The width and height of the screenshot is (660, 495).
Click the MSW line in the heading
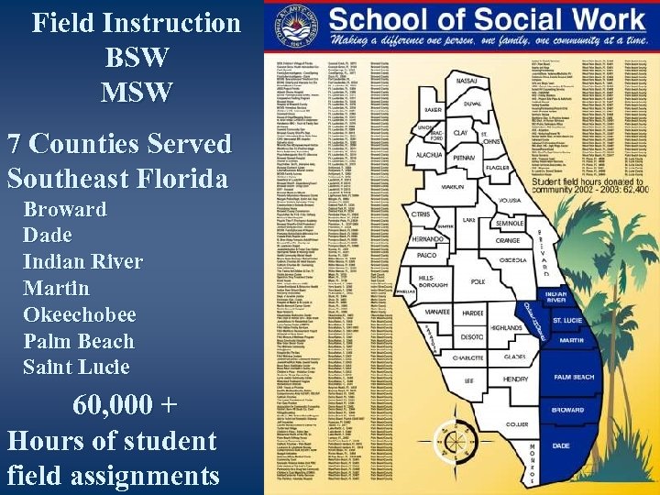(x=137, y=92)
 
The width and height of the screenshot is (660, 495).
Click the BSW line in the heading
(x=137, y=57)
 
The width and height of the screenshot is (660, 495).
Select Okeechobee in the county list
(x=80, y=314)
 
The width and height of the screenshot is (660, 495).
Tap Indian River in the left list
(x=83, y=261)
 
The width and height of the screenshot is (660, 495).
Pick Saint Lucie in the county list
(x=76, y=368)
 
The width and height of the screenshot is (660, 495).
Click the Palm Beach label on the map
(x=574, y=377)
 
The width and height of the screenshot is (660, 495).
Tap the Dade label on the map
(x=560, y=445)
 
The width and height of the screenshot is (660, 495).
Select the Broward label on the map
(x=567, y=410)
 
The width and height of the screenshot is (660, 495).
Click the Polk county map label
(x=478, y=282)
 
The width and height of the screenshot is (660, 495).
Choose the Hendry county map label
(x=516, y=379)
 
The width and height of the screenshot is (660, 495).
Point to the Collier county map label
(x=517, y=424)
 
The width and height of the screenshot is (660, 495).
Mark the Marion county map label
(x=452, y=187)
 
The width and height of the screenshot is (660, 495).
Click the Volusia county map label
(x=511, y=199)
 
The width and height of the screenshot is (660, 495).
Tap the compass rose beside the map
(x=456, y=442)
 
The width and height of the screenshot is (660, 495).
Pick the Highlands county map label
(x=506, y=327)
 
